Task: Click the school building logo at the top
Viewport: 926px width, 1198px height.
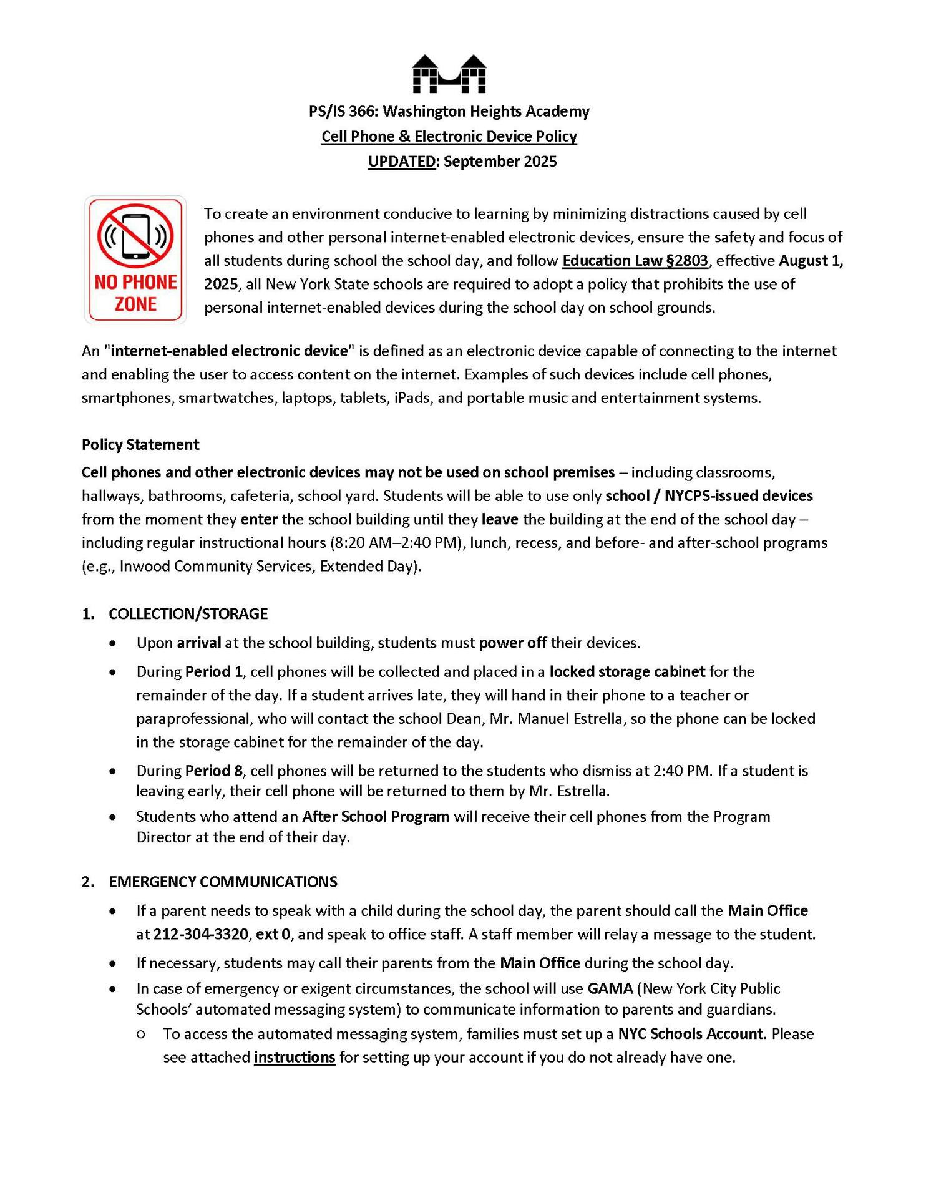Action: (x=449, y=74)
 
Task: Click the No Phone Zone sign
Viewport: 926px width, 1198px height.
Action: (x=135, y=260)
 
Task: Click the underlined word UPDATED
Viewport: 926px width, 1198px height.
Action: (x=402, y=162)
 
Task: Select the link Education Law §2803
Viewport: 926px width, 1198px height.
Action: (x=635, y=260)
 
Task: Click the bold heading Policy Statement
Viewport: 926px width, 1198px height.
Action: (x=140, y=444)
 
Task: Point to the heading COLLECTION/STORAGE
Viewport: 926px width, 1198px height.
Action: (x=188, y=613)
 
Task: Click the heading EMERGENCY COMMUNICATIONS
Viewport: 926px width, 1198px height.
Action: (x=223, y=881)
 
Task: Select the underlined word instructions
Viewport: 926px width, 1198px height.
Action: (x=295, y=1057)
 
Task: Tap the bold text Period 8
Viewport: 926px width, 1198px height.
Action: (x=213, y=771)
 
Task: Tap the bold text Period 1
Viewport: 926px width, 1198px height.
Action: (x=213, y=671)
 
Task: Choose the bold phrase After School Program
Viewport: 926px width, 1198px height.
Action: (x=376, y=816)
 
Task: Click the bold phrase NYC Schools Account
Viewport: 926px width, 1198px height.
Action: (x=690, y=1033)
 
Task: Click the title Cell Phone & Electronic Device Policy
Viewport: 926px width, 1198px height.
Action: (x=449, y=136)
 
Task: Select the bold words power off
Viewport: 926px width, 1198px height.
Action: (x=512, y=643)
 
